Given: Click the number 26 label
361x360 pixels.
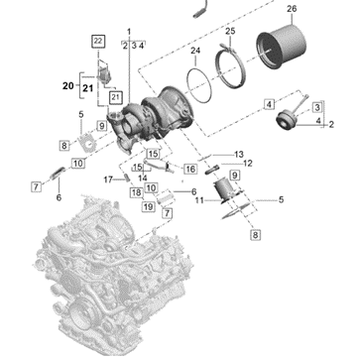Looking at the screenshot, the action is (292, 9).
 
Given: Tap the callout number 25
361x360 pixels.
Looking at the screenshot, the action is (230, 32).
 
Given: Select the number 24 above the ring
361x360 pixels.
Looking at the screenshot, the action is (195, 51).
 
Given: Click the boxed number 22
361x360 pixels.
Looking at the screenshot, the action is (98, 41).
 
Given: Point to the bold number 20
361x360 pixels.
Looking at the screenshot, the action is (68, 86).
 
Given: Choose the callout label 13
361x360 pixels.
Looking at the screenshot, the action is (239, 155).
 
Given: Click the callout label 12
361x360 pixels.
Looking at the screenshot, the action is (247, 164).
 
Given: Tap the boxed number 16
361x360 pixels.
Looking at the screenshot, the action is (190, 170).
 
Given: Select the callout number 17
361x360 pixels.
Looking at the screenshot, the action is (108, 180).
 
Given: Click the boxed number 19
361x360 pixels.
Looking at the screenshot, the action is (149, 207).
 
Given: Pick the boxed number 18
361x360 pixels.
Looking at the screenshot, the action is (137, 192).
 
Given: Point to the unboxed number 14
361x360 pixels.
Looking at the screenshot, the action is (143, 178).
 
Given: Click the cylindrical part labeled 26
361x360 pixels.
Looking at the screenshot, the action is (281, 47).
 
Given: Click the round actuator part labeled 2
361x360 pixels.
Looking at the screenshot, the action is (287, 121).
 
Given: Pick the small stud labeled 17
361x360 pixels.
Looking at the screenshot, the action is (127, 178).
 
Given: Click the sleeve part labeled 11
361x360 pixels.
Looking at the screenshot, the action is (226, 190).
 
